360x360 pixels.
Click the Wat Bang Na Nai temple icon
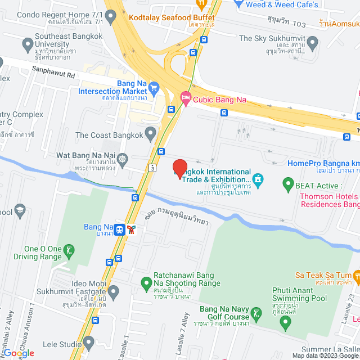click(x=122, y=159)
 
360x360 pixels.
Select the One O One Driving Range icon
click(x=68, y=250)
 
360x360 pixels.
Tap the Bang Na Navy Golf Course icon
click(x=256, y=313)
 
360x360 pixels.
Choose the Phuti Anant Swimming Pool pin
click(x=286, y=323)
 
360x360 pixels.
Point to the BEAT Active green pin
click(x=288, y=183)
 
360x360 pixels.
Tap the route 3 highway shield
click(x=152, y=168)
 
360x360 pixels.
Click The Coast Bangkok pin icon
click(x=150, y=134)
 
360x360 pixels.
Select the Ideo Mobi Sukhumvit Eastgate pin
click(x=113, y=291)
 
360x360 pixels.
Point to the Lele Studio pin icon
click(x=88, y=342)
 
